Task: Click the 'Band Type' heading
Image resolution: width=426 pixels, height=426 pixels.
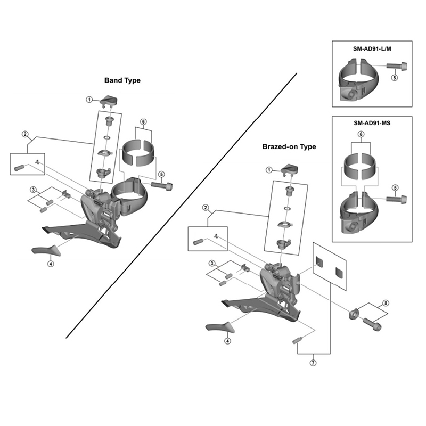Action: [122, 80]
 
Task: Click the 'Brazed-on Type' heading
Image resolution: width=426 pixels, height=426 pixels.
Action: [289, 146]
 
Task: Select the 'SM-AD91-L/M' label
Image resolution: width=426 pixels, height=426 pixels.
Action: [372, 48]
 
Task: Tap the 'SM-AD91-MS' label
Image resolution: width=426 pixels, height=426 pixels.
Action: [372, 122]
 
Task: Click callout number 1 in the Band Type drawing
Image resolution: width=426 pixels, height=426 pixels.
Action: [91, 99]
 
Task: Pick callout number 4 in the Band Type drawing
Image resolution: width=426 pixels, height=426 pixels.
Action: [50, 263]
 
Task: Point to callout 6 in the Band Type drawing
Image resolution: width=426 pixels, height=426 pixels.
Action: [143, 121]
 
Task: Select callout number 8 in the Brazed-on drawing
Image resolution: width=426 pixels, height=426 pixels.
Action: [386, 303]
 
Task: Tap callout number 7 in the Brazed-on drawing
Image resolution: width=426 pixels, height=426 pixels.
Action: [313, 364]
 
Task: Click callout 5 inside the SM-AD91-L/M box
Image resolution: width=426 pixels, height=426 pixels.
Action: [395, 78]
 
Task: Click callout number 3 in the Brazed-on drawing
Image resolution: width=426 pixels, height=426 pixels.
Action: [212, 264]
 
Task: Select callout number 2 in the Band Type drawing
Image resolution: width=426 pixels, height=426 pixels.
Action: [24, 134]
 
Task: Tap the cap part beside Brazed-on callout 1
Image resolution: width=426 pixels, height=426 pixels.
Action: [290, 170]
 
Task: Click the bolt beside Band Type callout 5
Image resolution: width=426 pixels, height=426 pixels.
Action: [162, 185]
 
